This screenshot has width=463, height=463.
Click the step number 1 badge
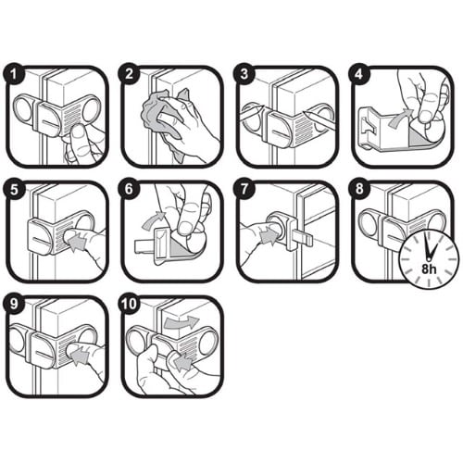pos(14,74)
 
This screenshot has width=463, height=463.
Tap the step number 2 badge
pos(129,74)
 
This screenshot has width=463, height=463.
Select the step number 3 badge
pos(244,74)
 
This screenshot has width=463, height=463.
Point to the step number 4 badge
pos(359,74)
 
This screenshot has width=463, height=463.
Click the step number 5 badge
pos(14,189)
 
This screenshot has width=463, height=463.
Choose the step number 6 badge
pos(129,189)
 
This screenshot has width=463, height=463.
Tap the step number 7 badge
pos(244,189)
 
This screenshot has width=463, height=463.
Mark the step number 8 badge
pos(359,189)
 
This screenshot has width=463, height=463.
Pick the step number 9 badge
pos(14,305)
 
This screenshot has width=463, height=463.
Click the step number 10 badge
pos(129,305)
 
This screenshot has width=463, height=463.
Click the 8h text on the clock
pos(429,269)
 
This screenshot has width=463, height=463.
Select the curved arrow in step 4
pos(400,119)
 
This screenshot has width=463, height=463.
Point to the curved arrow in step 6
pos(154,219)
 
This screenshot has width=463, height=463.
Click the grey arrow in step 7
pos(269,237)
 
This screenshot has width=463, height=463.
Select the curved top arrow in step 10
pos(181,322)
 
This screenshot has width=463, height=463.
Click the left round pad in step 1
pos(22,108)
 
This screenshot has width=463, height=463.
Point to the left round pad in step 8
pos(369,223)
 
